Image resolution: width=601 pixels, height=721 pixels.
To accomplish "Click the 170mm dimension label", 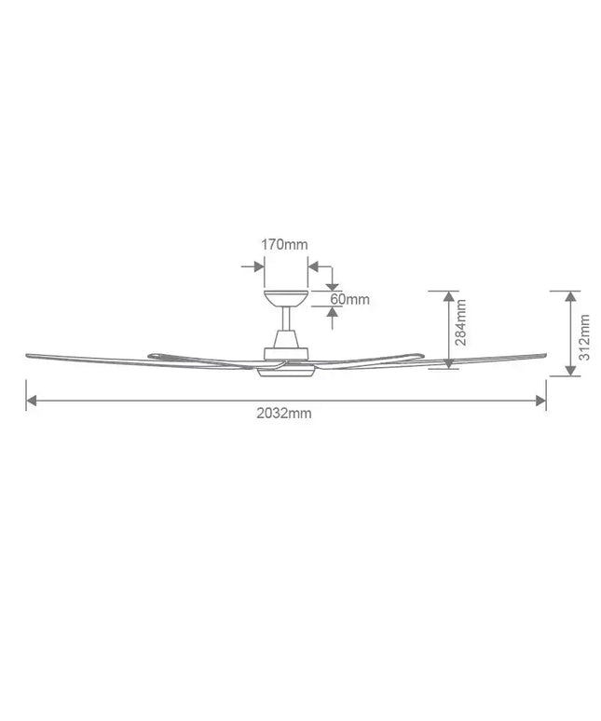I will (284, 244).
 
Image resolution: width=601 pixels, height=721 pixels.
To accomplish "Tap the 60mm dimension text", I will (350, 299).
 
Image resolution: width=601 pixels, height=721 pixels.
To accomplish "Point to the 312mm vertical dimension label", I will (584, 337).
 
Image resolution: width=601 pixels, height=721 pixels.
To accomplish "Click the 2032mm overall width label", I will (284, 414).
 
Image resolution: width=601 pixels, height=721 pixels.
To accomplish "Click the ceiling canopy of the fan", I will (285, 299).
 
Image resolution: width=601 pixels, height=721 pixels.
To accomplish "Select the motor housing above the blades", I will (285, 350).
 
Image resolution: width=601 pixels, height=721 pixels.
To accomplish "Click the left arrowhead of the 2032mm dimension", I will (32, 401).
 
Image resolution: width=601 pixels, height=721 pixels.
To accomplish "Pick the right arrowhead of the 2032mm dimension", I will (540, 401).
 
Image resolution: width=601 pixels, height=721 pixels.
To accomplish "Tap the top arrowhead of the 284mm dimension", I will (448, 297).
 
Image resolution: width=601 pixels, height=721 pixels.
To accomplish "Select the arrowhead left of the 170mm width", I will (256, 266).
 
